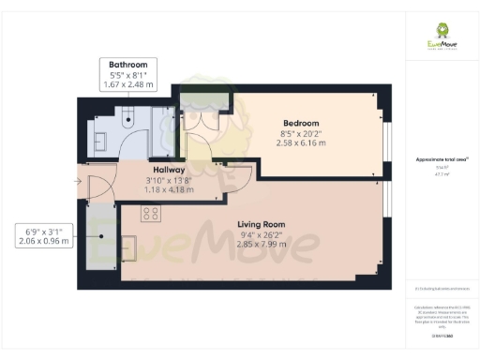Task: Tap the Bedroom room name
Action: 301,123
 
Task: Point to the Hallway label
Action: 169,170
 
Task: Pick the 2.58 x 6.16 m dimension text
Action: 301,143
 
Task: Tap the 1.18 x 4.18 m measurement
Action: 169,189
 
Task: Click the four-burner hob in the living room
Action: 150,214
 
